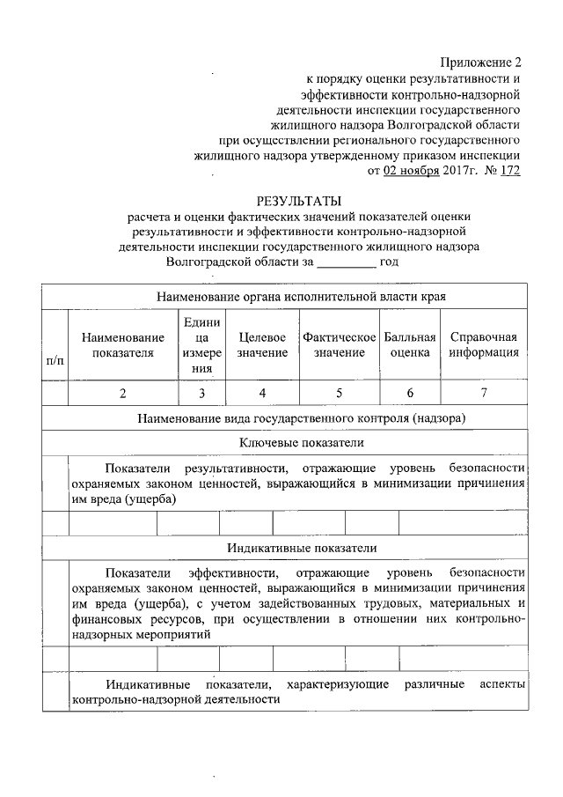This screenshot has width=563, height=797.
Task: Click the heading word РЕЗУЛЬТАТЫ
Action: pyautogui.click(x=298, y=200)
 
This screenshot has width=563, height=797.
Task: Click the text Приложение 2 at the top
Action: pyautogui.click(x=481, y=63)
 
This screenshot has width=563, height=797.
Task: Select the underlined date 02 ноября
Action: pyautogui.click(x=411, y=171)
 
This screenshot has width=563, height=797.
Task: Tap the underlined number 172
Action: pyautogui.click(x=509, y=171)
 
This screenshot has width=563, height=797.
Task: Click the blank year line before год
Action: pyautogui.click(x=346, y=262)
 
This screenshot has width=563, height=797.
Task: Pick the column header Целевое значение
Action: pyautogui.click(x=262, y=345)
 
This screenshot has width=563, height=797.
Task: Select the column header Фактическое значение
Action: pyautogui.click(x=339, y=345)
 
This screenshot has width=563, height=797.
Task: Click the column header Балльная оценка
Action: pyautogui.click(x=410, y=345)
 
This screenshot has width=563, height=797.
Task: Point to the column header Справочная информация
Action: pyautogui.click(x=483, y=345)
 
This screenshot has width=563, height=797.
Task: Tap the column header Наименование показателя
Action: pyautogui.click(x=122, y=345)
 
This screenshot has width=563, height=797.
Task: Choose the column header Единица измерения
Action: pyautogui.click(x=201, y=345)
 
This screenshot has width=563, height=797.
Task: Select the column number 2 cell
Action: pyautogui.click(x=122, y=394)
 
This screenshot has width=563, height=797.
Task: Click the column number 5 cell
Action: pyautogui.click(x=339, y=394)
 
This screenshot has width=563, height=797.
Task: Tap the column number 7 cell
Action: pyautogui.click(x=483, y=394)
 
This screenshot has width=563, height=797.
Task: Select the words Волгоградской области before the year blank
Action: pyautogui.click(x=239, y=262)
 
